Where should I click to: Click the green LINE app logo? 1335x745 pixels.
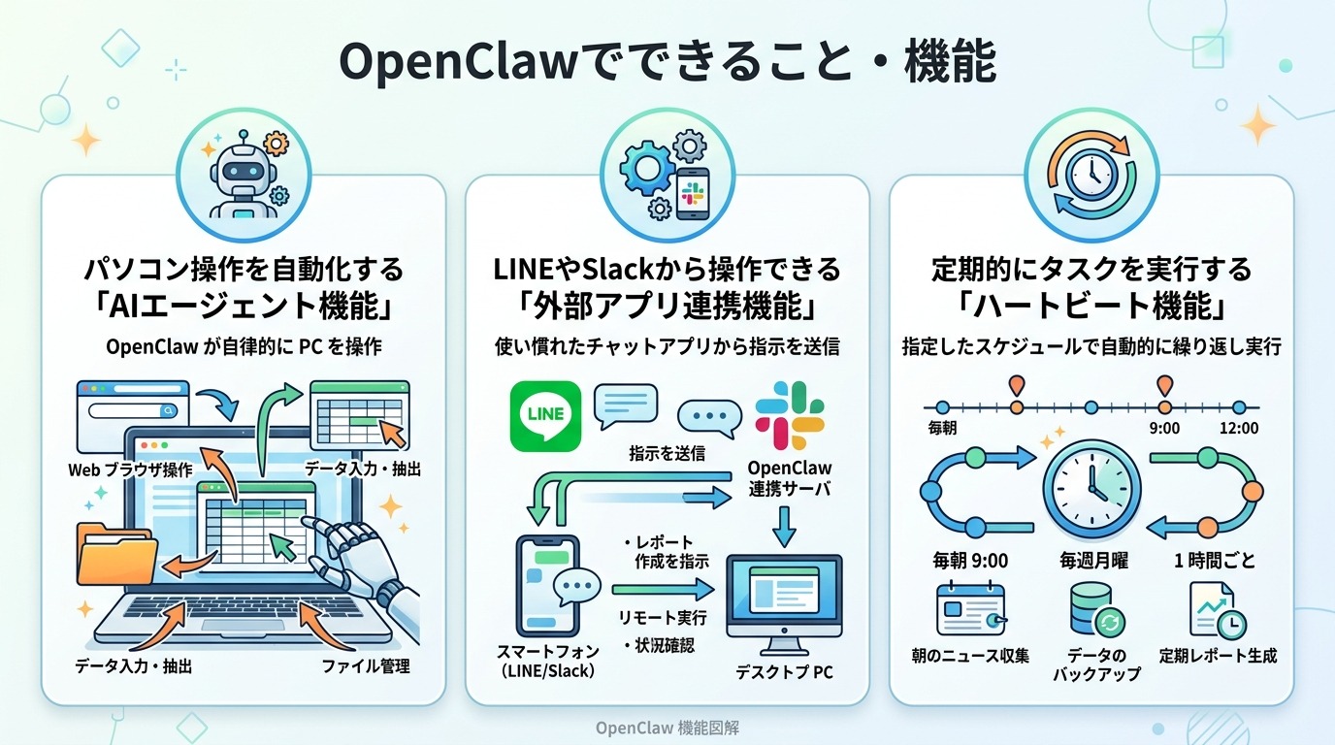coord(545,415)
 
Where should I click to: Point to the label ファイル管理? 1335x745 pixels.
coord(366,666)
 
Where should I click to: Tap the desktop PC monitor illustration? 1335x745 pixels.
coord(785,598)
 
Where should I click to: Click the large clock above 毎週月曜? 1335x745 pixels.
coord(1091,482)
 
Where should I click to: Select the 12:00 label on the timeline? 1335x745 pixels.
coord(1239,428)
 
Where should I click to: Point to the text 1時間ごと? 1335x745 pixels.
coord(1215,561)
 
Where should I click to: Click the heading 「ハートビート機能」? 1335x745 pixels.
coord(1091,307)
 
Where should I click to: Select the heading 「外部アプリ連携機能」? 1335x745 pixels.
coord(667,307)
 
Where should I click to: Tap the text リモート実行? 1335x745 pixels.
coord(663,618)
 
